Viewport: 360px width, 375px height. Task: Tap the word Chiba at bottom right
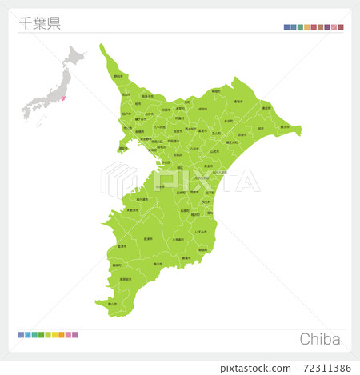point(320,339)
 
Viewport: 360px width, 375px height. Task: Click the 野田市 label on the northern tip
point(118,76)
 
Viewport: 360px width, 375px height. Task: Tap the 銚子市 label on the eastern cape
point(285,126)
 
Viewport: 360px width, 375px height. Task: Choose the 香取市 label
point(238,102)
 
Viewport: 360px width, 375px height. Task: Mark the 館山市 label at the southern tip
point(113,304)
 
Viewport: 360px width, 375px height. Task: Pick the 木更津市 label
point(132,210)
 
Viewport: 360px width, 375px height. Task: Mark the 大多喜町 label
point(178,239)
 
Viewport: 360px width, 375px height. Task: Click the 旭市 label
point(260,128)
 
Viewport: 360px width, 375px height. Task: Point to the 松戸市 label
point(126,114)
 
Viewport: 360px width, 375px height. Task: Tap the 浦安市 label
point(122,148)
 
